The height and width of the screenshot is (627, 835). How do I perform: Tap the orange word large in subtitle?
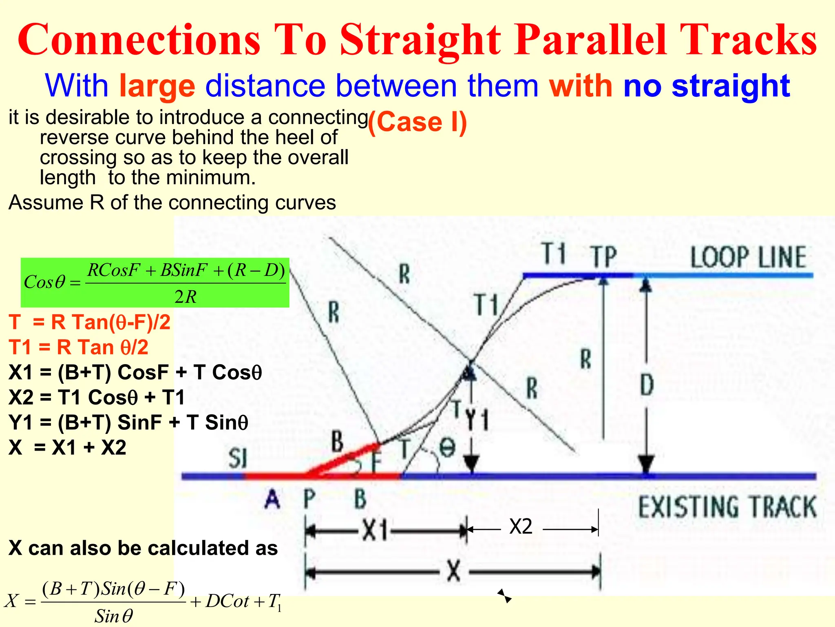[x=157, y=86]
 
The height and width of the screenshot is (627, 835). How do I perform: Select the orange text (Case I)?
[x=417, y=122]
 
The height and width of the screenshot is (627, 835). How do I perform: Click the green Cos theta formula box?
[x=155, y=282]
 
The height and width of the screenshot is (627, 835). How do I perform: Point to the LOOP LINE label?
[x=748, y=257]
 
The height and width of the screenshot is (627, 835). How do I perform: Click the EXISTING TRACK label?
[x=727, y=507]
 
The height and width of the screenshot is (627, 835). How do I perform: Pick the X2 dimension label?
[x=521, y=527]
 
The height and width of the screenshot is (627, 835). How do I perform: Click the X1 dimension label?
[x=375, y=531]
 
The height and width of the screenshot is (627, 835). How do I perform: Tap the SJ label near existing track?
[x=238, y=458]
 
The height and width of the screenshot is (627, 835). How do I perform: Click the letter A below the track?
[x=272, y=499]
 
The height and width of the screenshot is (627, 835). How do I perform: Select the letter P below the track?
[x=310, y=499]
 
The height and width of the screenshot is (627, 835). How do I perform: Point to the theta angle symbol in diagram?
[x=447, y=448]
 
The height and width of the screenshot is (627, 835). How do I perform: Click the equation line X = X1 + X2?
[x=68, y=448]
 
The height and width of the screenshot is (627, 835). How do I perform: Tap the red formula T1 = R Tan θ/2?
[x=79, y=347]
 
